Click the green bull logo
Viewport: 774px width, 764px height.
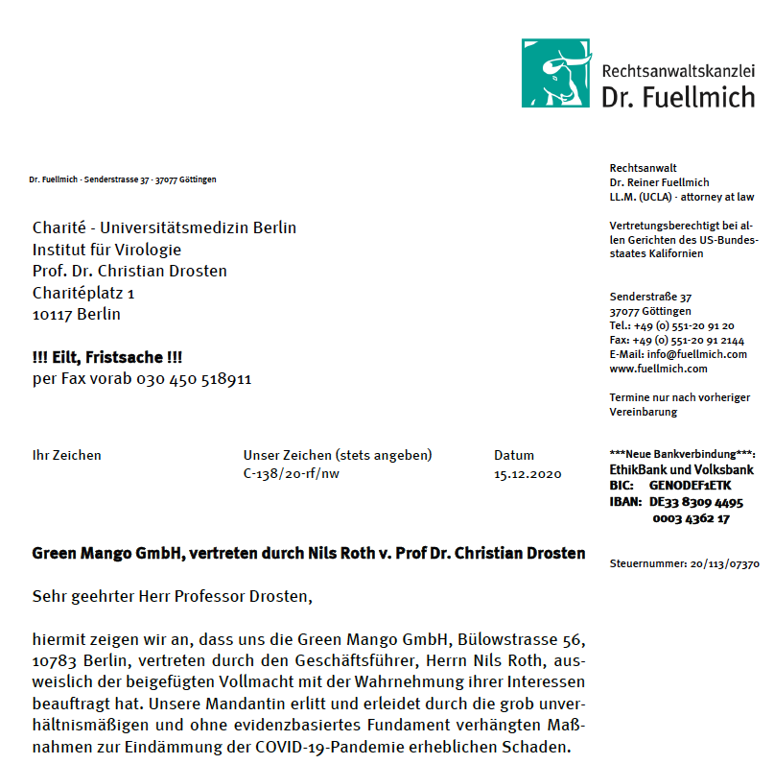[x=556, y=73]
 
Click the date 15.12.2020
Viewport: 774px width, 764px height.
[x=528, y=474]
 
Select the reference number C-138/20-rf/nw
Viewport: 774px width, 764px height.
[x=291, y=474]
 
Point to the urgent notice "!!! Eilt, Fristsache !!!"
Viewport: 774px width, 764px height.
[x=107, y=357]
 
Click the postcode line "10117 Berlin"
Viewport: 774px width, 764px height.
[x=77, y=314]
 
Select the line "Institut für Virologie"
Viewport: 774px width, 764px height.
[x=106, y=250]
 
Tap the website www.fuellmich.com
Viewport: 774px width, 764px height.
[x=659, y=369]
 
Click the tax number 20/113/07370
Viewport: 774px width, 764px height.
[x=724, y=563]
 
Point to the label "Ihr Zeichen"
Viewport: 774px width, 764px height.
[x=66, y=455]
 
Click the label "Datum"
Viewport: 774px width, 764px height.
[x=514, y=455]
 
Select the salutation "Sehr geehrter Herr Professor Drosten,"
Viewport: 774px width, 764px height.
[x=173, y=596]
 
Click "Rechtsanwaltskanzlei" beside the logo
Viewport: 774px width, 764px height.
[x=678, y=71]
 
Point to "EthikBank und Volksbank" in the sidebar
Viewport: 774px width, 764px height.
[x=681, y=470]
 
